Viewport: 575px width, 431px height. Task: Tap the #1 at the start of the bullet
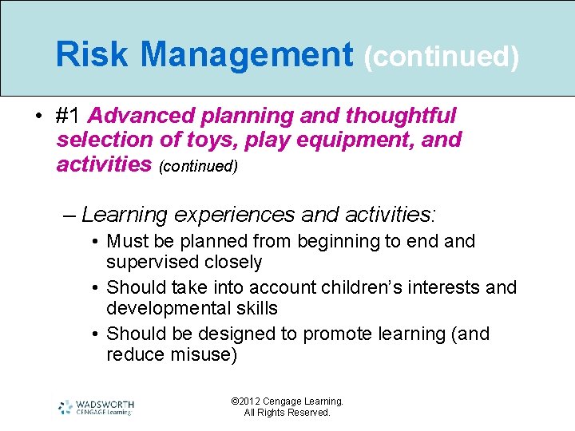(x=69, y=116)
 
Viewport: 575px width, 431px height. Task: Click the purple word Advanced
(x=144, y=116)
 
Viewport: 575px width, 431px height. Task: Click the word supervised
(x=153, y=262)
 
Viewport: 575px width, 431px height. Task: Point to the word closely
(x=233, y=262)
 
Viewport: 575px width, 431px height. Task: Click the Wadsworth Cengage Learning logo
(x=96, y=407)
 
